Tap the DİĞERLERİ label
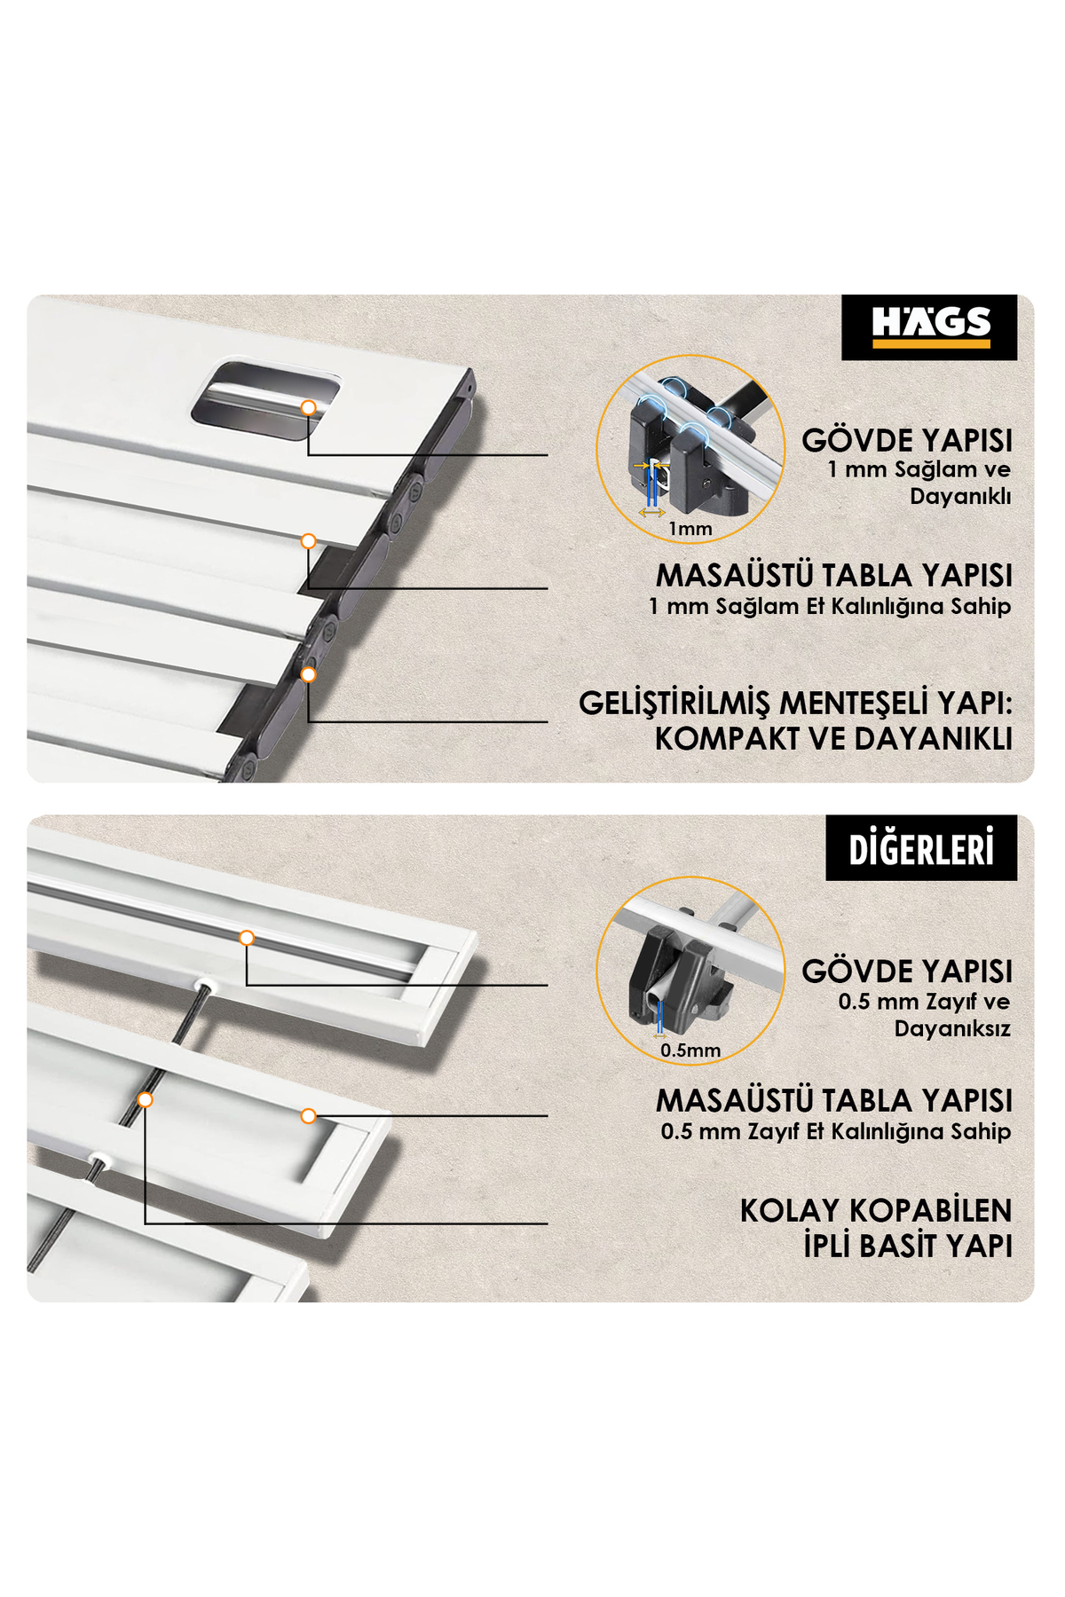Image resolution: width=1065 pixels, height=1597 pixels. coord(921,848)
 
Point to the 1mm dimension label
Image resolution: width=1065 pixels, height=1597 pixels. coord(690,529)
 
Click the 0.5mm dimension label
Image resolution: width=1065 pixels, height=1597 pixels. coord(690,1050)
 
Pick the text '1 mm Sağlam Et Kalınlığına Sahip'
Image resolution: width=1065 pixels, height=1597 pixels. coord(830,607)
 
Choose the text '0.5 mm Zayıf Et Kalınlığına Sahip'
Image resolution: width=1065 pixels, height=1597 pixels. coord(836,1132)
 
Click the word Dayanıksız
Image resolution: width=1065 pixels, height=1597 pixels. coord(952,1029)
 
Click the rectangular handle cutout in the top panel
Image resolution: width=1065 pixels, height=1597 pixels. coord(266,401)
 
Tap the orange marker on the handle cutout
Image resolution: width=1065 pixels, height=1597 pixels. coord(308,408)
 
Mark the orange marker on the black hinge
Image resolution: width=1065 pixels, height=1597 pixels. coord(308,675)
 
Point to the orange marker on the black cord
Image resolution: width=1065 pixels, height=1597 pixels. coord(145,1100)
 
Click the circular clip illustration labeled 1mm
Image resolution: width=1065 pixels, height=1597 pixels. coord(690,449)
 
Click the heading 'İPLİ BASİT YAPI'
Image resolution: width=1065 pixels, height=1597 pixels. coord(908,1246)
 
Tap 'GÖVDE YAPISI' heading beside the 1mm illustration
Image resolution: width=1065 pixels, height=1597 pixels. coord(907,440)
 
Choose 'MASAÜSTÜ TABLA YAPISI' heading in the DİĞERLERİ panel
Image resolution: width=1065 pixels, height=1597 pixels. coord(834,1100)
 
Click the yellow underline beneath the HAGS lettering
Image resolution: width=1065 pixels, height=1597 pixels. coord(931,343)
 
